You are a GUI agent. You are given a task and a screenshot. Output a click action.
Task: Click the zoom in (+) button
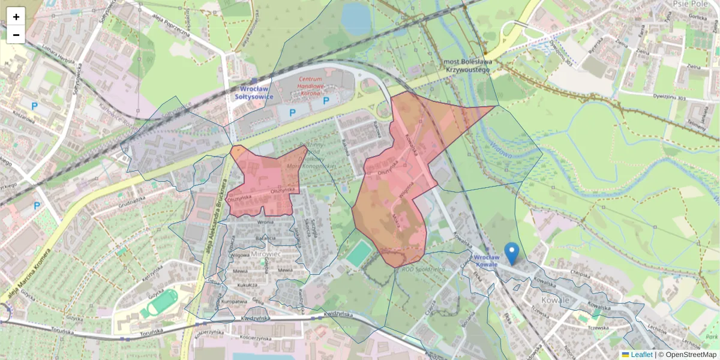pos(16,17)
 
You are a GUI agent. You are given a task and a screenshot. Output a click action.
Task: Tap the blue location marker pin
pos(511,253)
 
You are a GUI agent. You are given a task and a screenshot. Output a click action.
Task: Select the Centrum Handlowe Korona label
pos(311,86)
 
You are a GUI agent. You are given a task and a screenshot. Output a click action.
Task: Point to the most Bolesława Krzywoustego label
pos(468,65)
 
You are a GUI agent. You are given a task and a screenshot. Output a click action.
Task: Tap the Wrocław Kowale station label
pos(491,262)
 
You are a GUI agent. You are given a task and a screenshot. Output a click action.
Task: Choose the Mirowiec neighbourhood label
pos(266,254)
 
